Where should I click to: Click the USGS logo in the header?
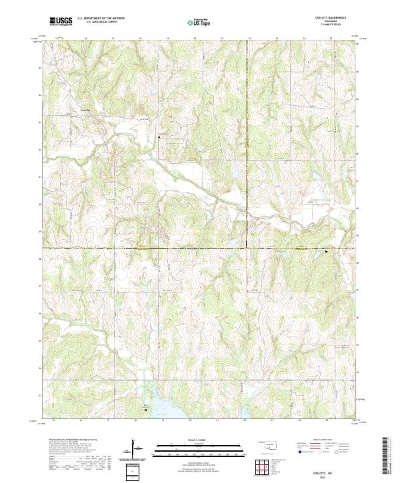61,21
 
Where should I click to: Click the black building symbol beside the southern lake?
145,410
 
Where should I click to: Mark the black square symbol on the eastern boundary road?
326,252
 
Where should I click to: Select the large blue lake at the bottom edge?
163,408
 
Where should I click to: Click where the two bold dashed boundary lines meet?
247,248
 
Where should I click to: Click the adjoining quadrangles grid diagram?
265,468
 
